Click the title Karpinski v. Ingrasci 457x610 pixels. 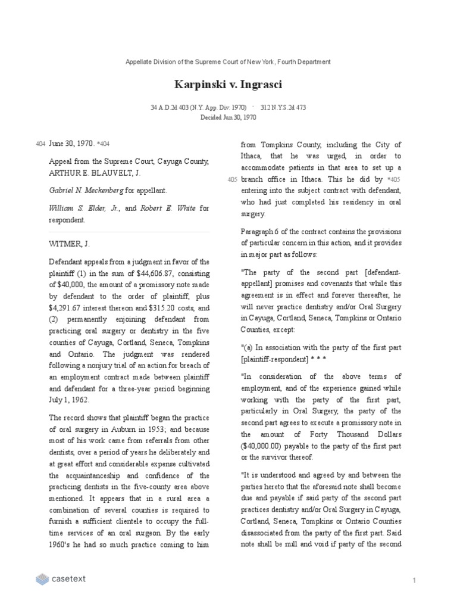pyautogui.click(x=228, y=85)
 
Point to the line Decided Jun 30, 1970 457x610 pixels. pyautogui.click(x=228, y=117)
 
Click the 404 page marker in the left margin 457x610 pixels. pyautogui.click(x=40, y=144)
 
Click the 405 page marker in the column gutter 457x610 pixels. pyautogui.click(x=232, y=179)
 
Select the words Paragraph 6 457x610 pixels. pyautogui.click(x=261, y=231)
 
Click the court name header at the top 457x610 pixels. pyautogui.click(x=228, y=62)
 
